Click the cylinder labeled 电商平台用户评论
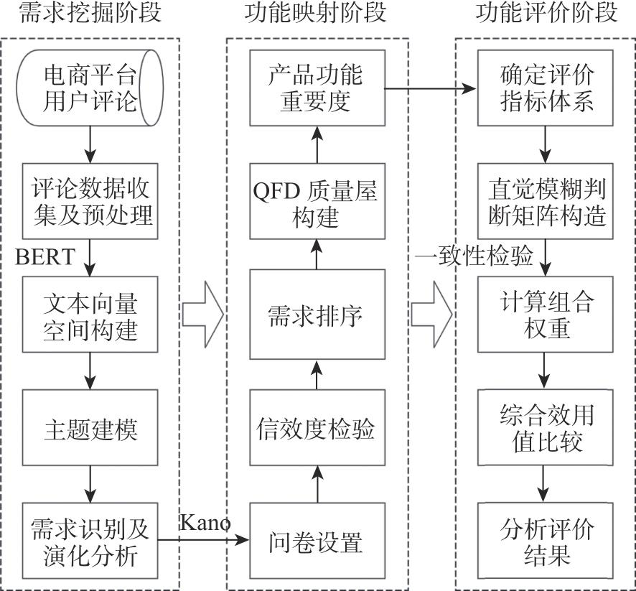point(90,87)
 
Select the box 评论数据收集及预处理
point(90,200)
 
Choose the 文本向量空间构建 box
point(90,315)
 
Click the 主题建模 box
point(90,429)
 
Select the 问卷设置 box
point(317,541)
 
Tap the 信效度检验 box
point(317,429)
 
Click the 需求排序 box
point(317,315)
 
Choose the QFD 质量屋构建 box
point(317,201)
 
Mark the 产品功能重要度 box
point(317,88)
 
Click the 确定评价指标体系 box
point(546,88)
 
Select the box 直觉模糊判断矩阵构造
point(546,201)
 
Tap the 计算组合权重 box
point(546,315)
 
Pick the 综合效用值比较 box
point(546,429)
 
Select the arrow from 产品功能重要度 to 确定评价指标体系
point(431,89)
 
